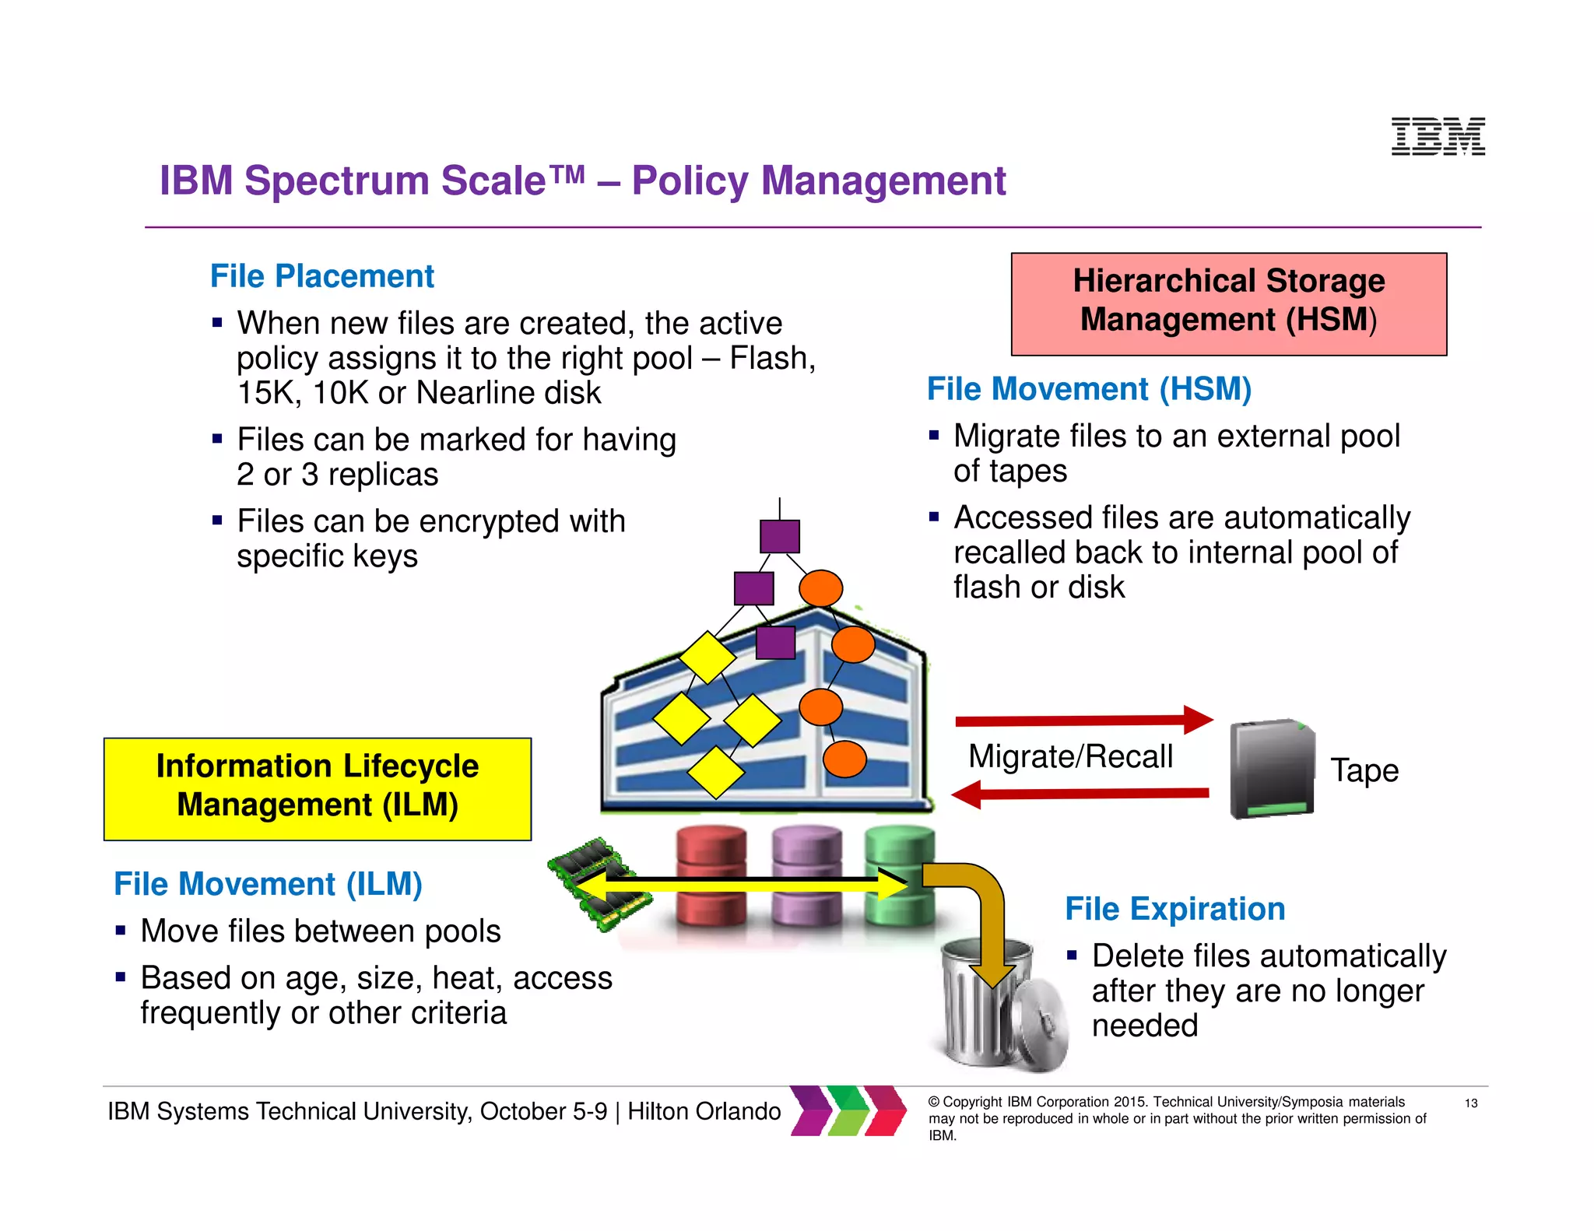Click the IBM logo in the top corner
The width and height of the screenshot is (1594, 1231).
1438,137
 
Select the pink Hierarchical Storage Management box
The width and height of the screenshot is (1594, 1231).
1228,303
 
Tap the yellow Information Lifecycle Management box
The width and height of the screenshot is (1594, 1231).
318,788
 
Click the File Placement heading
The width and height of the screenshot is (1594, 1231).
322,276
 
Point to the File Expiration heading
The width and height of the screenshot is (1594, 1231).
1174,909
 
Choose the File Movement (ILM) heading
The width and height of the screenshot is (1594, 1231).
268,884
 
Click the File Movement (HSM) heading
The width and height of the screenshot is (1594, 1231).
1089,389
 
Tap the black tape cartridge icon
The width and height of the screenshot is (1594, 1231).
1271,769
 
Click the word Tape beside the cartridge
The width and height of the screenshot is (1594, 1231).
1364,770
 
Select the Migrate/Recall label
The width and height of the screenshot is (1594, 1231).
1070,756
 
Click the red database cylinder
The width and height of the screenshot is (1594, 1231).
711,876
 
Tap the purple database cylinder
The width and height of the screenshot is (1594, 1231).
806,876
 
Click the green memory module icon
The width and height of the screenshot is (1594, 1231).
599,883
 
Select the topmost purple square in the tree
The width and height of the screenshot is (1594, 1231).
779,536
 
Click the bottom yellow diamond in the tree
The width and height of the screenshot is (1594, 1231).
715,773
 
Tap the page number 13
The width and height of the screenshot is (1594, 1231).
1471,1103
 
